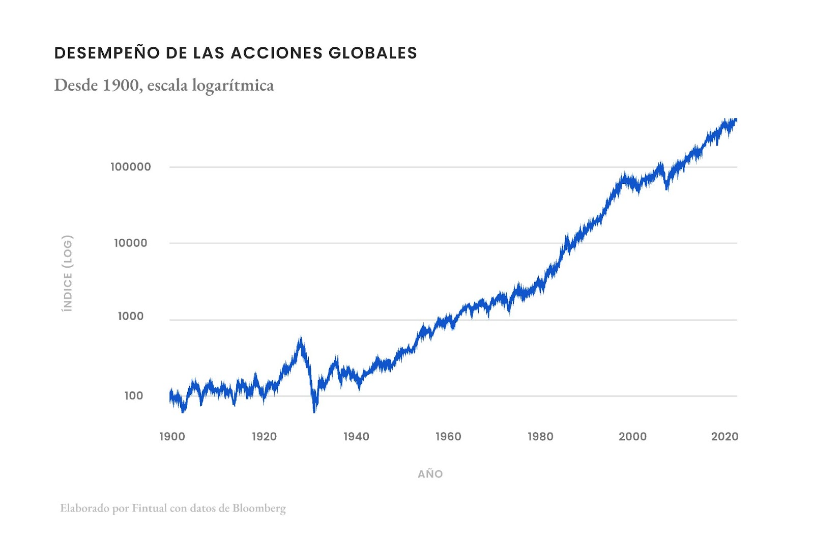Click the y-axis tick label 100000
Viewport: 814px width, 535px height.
[131, 167]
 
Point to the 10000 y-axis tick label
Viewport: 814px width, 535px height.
[131, 243]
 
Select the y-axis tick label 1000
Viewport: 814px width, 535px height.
[131, 316]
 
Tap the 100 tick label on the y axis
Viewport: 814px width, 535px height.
[134, 396]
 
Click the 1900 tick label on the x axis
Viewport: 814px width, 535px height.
[172, 436]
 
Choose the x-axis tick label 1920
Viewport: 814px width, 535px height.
[265, 436]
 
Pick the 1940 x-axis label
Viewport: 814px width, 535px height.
[357, 436]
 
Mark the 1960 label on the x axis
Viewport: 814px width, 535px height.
[449, 436]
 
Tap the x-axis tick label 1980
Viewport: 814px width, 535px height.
[541, 436]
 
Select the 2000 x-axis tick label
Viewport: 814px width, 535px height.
[633, 436]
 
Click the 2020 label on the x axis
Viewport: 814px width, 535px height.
[725, 436]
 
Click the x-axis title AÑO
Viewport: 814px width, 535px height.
[430, 474]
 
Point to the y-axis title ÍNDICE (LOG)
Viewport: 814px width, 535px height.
[68, 273]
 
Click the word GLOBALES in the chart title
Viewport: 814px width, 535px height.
[373, 53]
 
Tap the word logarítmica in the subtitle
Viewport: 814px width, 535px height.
[233, 85]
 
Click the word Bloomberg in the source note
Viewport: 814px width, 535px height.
[259, 508]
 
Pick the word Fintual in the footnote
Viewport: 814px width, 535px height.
[150, 508]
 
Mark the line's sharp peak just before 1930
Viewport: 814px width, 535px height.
[301, 338]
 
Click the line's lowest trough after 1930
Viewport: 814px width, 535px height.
[314, 411]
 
